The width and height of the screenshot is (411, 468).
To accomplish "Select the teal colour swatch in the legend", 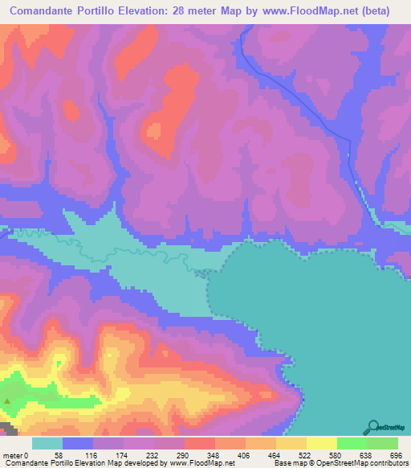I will click(47, 444).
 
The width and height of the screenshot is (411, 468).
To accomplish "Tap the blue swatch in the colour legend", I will click(78, 444).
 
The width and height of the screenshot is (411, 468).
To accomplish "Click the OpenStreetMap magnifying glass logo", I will click(372, 427).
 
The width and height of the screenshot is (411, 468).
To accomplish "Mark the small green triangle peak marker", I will click(9, 400).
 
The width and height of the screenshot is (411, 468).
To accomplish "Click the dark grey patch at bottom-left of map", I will click(6, 424).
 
